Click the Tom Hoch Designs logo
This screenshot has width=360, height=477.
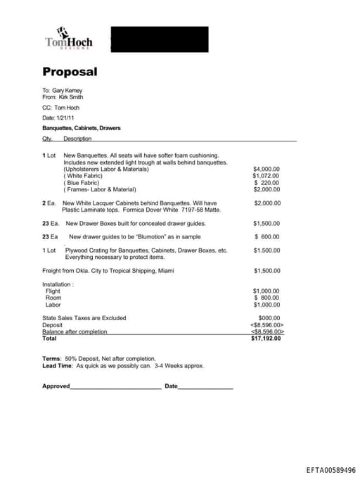coord(68,39)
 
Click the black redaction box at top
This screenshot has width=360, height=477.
coord(160,39)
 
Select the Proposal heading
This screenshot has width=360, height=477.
coord(70,72)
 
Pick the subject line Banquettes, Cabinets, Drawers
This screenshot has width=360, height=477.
coord(82,128)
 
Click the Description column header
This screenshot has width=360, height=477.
coord(77,139)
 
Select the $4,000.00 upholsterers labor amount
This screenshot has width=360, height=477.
coord(266,169)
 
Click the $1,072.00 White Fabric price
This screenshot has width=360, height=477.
coord(266,176)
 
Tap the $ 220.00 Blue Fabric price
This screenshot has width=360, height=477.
coord(266,182)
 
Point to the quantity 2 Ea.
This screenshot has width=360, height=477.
coord(49,203)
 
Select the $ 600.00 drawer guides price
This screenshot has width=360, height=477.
coord(266,236)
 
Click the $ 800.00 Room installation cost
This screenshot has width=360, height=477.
coord(266,298)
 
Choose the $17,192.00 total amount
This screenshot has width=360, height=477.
coord(266,338)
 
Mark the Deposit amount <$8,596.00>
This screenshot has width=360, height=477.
coord(266,325)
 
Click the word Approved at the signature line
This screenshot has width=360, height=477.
coord(56,386)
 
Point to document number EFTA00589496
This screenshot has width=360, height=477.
coord(330,469)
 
